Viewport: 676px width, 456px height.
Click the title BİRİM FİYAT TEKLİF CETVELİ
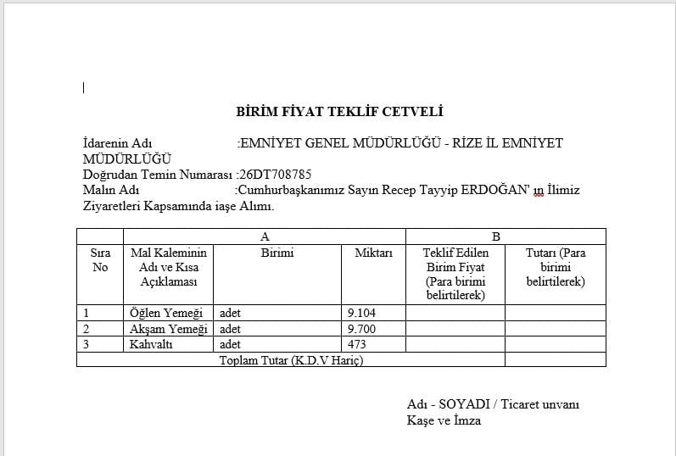(339, 112)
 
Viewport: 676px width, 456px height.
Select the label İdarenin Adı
(117, 143)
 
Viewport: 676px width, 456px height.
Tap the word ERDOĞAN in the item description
(495, 190)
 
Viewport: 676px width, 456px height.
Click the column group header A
(265, 236)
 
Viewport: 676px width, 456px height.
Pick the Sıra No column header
(100, 260)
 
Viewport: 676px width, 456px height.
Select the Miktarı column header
(373, 253)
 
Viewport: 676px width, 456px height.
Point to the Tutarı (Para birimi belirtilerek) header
(556, 267)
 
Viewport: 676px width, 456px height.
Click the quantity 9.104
(362, 313)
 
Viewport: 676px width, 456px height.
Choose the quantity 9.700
(362, 329)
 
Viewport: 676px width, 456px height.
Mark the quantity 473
(357, 344)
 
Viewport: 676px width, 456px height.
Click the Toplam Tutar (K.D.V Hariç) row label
(291, 360)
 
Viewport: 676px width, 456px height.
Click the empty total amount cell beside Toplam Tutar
(556, 360)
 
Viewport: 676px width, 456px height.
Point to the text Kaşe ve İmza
(444, 420)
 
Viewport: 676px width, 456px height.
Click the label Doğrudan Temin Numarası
(158, 174)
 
